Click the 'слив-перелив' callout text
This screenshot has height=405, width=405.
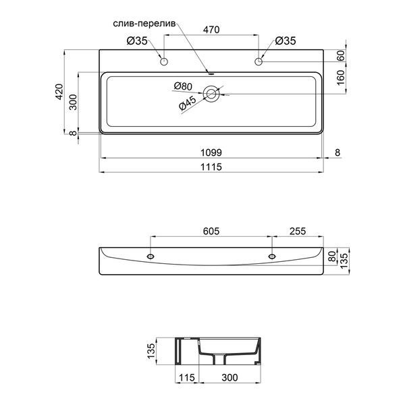144,24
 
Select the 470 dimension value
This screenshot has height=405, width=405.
211,30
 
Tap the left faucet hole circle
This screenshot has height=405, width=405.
164,61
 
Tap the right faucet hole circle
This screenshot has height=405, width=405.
259,61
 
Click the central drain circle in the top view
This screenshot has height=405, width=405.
211,94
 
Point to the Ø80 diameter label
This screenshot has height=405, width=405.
183,86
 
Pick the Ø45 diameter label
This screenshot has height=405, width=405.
188,103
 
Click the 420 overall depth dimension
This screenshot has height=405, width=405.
59,92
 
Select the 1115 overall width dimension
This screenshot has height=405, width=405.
211,167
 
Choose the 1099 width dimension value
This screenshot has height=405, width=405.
211,153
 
